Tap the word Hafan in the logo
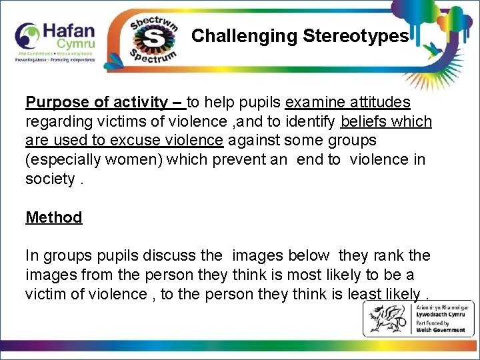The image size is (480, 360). click(x=69, y=31)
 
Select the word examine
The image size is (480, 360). click(x=313, y=103)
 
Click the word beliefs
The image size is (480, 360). click(x=365, y=122)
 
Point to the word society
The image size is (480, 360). click(x=49, y=179)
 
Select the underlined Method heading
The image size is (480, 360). click(x=53, y=217)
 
